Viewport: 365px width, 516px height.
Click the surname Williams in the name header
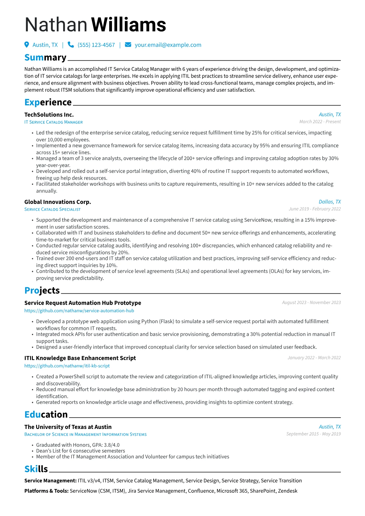click(x=129, y=25)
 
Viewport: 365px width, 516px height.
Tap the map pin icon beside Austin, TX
click(x=27, y=45)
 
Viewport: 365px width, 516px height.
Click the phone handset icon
click(x=71, y=45)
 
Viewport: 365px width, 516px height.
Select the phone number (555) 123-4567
click(x=96, y=45)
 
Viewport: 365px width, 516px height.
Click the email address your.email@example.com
click(x=168, y=45)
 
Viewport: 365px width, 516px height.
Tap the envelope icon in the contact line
click(x=128, y=45)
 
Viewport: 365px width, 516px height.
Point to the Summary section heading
click(x=45, y=58)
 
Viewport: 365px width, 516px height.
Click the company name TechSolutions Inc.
click(x=49, y=115)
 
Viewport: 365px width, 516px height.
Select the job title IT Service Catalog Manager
click(x=53, y=122)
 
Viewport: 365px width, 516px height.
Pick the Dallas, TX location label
click(x=329, y=202)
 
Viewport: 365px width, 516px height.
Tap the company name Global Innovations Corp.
click(x=58, y=202)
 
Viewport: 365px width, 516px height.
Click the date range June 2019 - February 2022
click(x=314, y=209)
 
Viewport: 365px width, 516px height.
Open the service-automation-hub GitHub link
click(x=79, y=311)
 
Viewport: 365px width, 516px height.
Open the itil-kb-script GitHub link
click(x=67, y=366)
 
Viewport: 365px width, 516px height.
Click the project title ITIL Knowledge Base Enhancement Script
click(x=80, y=358)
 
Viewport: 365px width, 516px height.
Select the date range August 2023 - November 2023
click(x=311, y=303)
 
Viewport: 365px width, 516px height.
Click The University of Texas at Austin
click(x=68, y=427)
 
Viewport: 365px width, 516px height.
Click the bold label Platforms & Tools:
click(x=46, y=491)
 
